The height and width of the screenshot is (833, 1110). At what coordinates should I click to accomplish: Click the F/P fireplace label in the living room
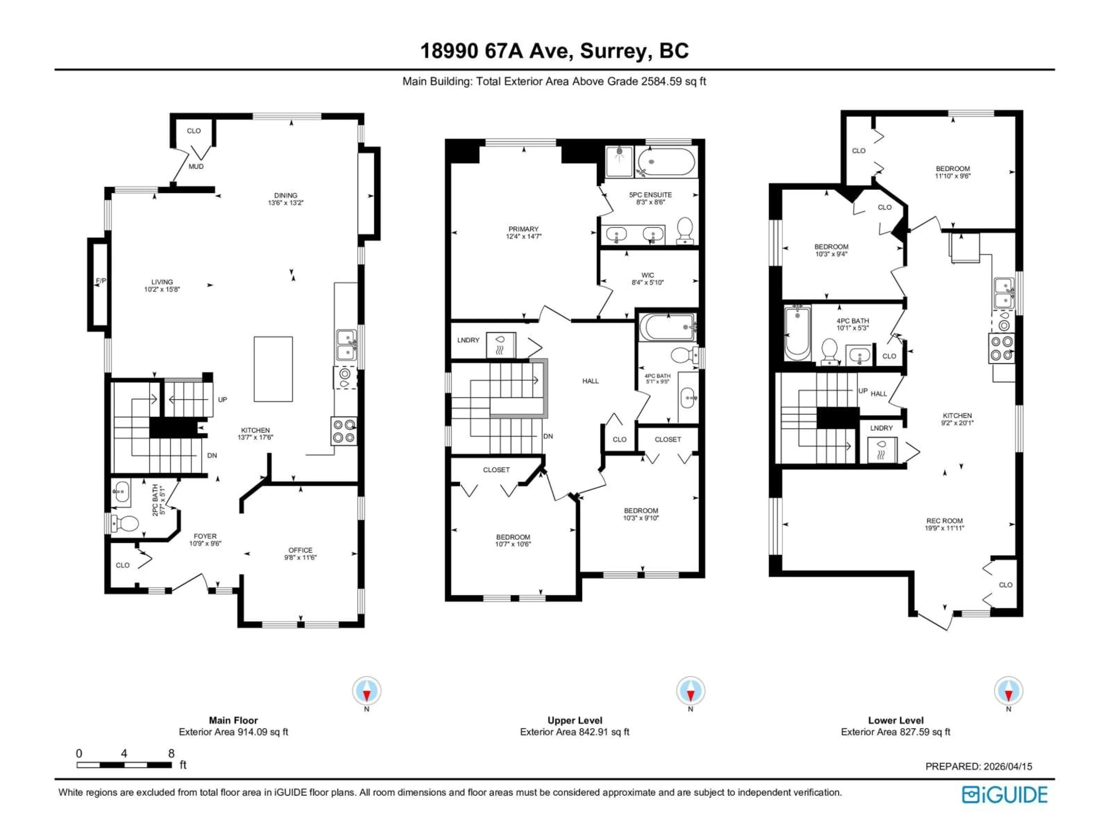click(x=101, y=281)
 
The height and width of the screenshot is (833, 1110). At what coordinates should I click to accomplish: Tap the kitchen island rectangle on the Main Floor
click(x=273, y=369)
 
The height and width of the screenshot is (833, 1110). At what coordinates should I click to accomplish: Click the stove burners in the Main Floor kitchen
click(x=344, y=431)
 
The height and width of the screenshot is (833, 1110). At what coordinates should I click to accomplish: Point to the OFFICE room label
click(x=300, y=550)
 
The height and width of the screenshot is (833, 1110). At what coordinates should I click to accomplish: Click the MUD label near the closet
click(x=196, y=166)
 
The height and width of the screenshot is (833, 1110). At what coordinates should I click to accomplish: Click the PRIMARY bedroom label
click(x=523, y=229)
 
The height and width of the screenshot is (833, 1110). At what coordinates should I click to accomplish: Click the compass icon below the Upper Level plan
click(x=691, y=691)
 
